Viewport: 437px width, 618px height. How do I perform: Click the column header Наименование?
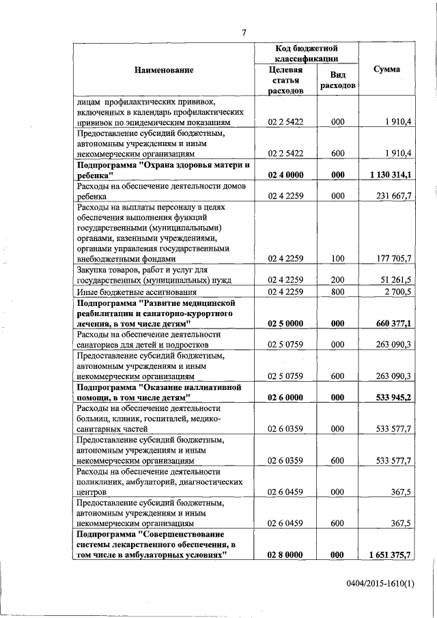163,70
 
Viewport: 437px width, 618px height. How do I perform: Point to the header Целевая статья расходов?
285,80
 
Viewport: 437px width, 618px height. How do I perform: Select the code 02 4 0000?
285,175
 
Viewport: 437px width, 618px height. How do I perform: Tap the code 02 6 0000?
285,397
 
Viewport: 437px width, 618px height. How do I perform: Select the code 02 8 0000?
285,555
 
